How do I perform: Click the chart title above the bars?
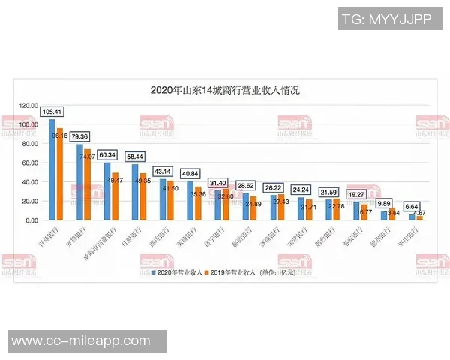(x=225, y=91)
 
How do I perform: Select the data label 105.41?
(x=52, y=112)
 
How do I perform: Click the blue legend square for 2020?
(x=151, y=273)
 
